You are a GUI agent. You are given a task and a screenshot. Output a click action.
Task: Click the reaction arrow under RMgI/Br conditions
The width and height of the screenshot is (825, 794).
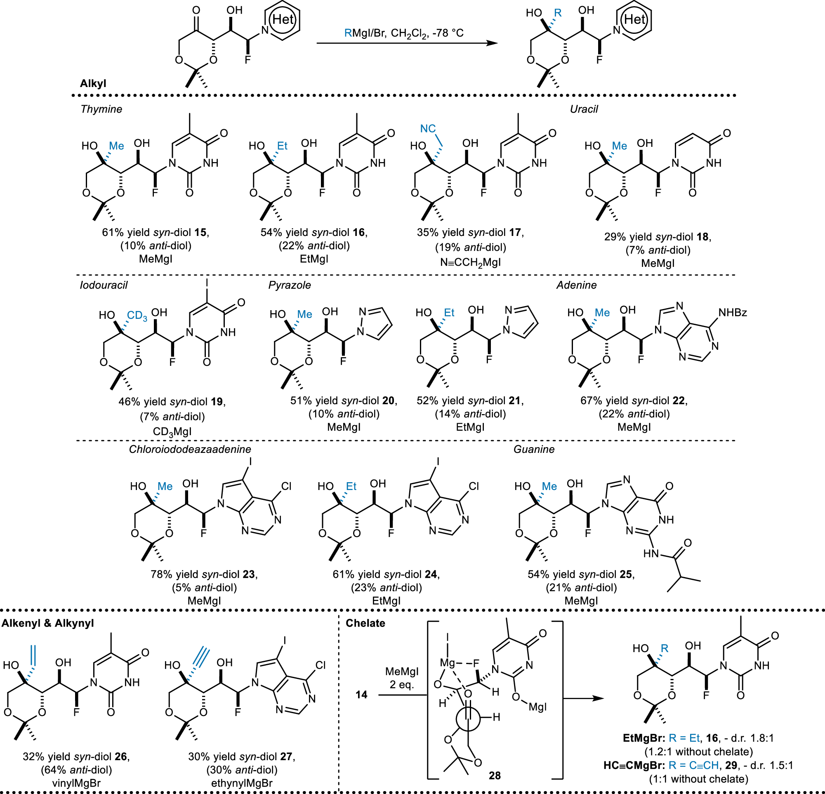[406, 43]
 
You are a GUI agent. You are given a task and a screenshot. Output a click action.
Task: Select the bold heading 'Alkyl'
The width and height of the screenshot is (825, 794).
[93, 83]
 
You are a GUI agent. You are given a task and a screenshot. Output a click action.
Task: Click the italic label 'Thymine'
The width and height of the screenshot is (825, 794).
[101, 109]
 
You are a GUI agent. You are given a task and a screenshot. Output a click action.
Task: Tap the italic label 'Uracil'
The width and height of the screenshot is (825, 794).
[584, 109]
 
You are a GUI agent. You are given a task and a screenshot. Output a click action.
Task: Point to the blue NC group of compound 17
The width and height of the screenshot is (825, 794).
[428, 128]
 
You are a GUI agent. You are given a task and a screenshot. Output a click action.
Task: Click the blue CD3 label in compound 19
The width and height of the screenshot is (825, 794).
[137, 316]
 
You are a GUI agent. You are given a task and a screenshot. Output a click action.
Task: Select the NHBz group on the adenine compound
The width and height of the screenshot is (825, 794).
[733, 312]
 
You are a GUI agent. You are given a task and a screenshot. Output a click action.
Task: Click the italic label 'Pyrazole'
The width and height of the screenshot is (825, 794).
[290, 285]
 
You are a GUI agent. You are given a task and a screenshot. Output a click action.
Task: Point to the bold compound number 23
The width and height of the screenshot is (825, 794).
[248, 574]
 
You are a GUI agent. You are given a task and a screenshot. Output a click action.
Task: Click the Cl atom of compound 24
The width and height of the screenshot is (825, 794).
[474, 486]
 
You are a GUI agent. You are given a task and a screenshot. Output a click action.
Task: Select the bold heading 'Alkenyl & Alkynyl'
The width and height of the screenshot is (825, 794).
[47, 623]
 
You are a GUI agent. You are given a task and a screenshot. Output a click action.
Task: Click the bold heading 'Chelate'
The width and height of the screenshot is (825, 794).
[365, 623]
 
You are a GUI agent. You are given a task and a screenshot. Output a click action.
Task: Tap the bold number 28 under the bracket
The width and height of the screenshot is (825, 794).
[495, 775]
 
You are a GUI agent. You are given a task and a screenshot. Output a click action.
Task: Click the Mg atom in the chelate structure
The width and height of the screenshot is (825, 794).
[447, 663]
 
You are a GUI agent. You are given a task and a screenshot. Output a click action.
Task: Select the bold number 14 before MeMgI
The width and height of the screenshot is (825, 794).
[361, 694]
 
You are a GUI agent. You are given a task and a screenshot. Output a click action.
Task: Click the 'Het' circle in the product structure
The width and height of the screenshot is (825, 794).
[634, 19]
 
